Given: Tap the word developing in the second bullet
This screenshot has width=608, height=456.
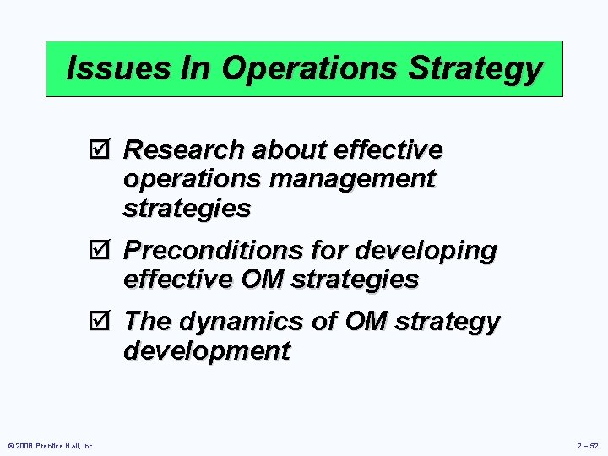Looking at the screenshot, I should pyautogui.click(x=426, y=251).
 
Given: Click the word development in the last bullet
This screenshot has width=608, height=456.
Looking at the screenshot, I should pyautogui.click(x=206, y=351).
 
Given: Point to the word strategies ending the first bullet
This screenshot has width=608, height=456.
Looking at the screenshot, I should pyautogui.click(x=187, y=208).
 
